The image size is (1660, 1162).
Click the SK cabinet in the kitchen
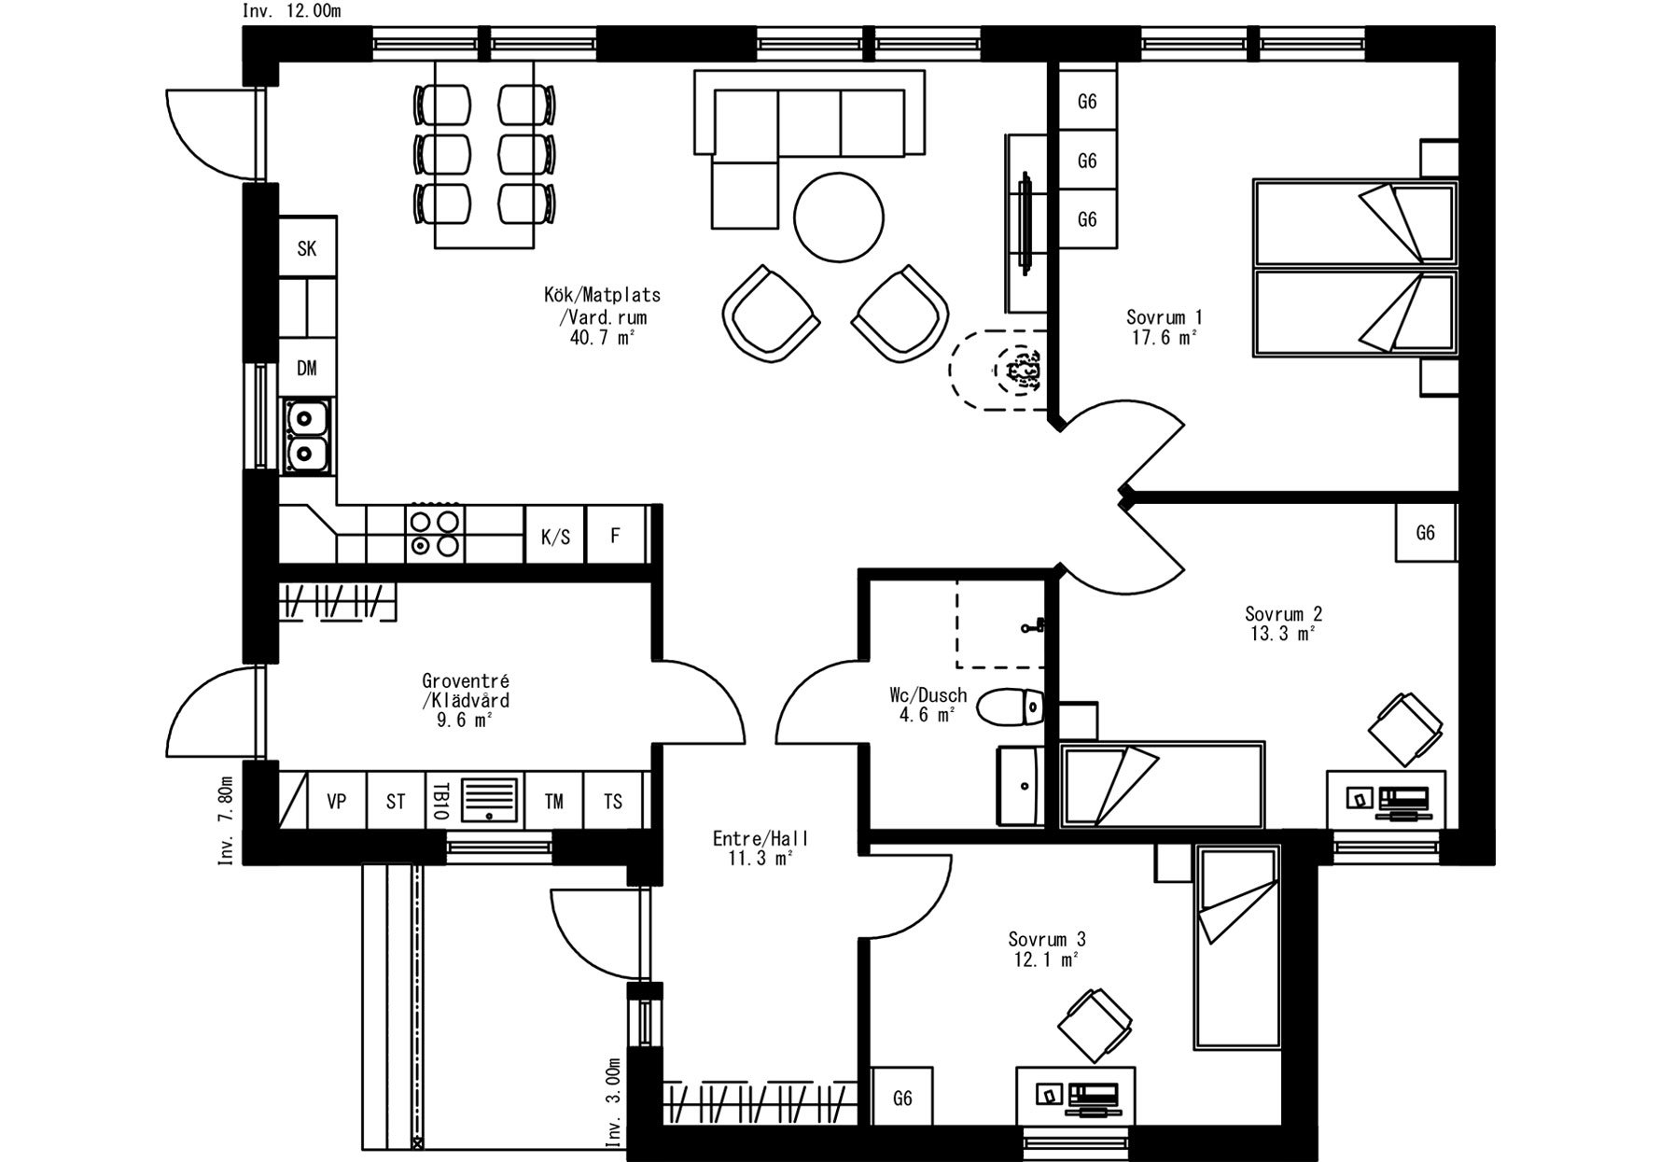pos(307,247)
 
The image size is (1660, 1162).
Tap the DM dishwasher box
pos(307,368)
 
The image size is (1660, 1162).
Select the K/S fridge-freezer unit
pos(555,536)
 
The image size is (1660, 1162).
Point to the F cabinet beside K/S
pos(615,536)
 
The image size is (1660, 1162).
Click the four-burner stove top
pos(435,534)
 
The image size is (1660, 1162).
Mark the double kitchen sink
pos(305,436)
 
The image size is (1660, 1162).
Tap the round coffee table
pos(838,218)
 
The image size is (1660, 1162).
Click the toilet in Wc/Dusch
pos(1011,707)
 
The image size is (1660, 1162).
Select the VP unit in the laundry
pos(337,801)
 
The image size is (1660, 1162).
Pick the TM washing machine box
pos(554,801)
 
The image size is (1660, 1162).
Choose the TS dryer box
pos(613,801)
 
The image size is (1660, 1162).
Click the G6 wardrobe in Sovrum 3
pos(902,1099)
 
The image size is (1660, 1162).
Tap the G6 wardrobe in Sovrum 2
pos(1426,533)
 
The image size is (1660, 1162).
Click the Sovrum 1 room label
pos(1164,317)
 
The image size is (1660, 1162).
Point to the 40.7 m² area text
pos(602,337)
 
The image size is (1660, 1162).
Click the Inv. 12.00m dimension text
pos(292,11)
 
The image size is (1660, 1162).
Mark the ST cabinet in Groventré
pos(396,801)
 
